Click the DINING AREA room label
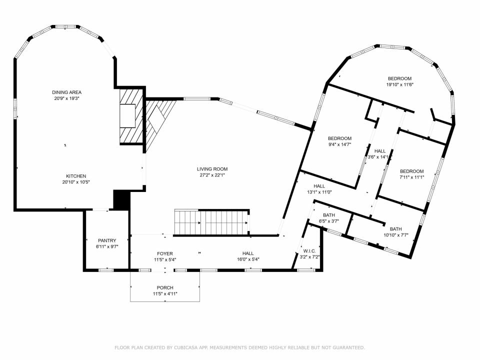coord(66,92)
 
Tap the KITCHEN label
coord(76,176)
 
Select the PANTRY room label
coord(107,240)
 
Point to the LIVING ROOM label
coord(212,169)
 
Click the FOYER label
coord(165,253)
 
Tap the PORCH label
coord(165,288)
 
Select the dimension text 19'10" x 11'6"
coord(400,84)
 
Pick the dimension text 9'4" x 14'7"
coord(339,144)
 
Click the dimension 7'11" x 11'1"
coord(411,177)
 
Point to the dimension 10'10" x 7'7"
coord(396,235)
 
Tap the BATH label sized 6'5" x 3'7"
coord(329,215)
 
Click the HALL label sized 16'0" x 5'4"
coord(248,253)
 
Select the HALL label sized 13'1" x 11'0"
coord(319,186)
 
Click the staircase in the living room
coord(212,222)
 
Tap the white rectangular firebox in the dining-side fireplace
coord(127,115)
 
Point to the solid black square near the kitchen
coord(122,200)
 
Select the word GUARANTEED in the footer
coord(349,347)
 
